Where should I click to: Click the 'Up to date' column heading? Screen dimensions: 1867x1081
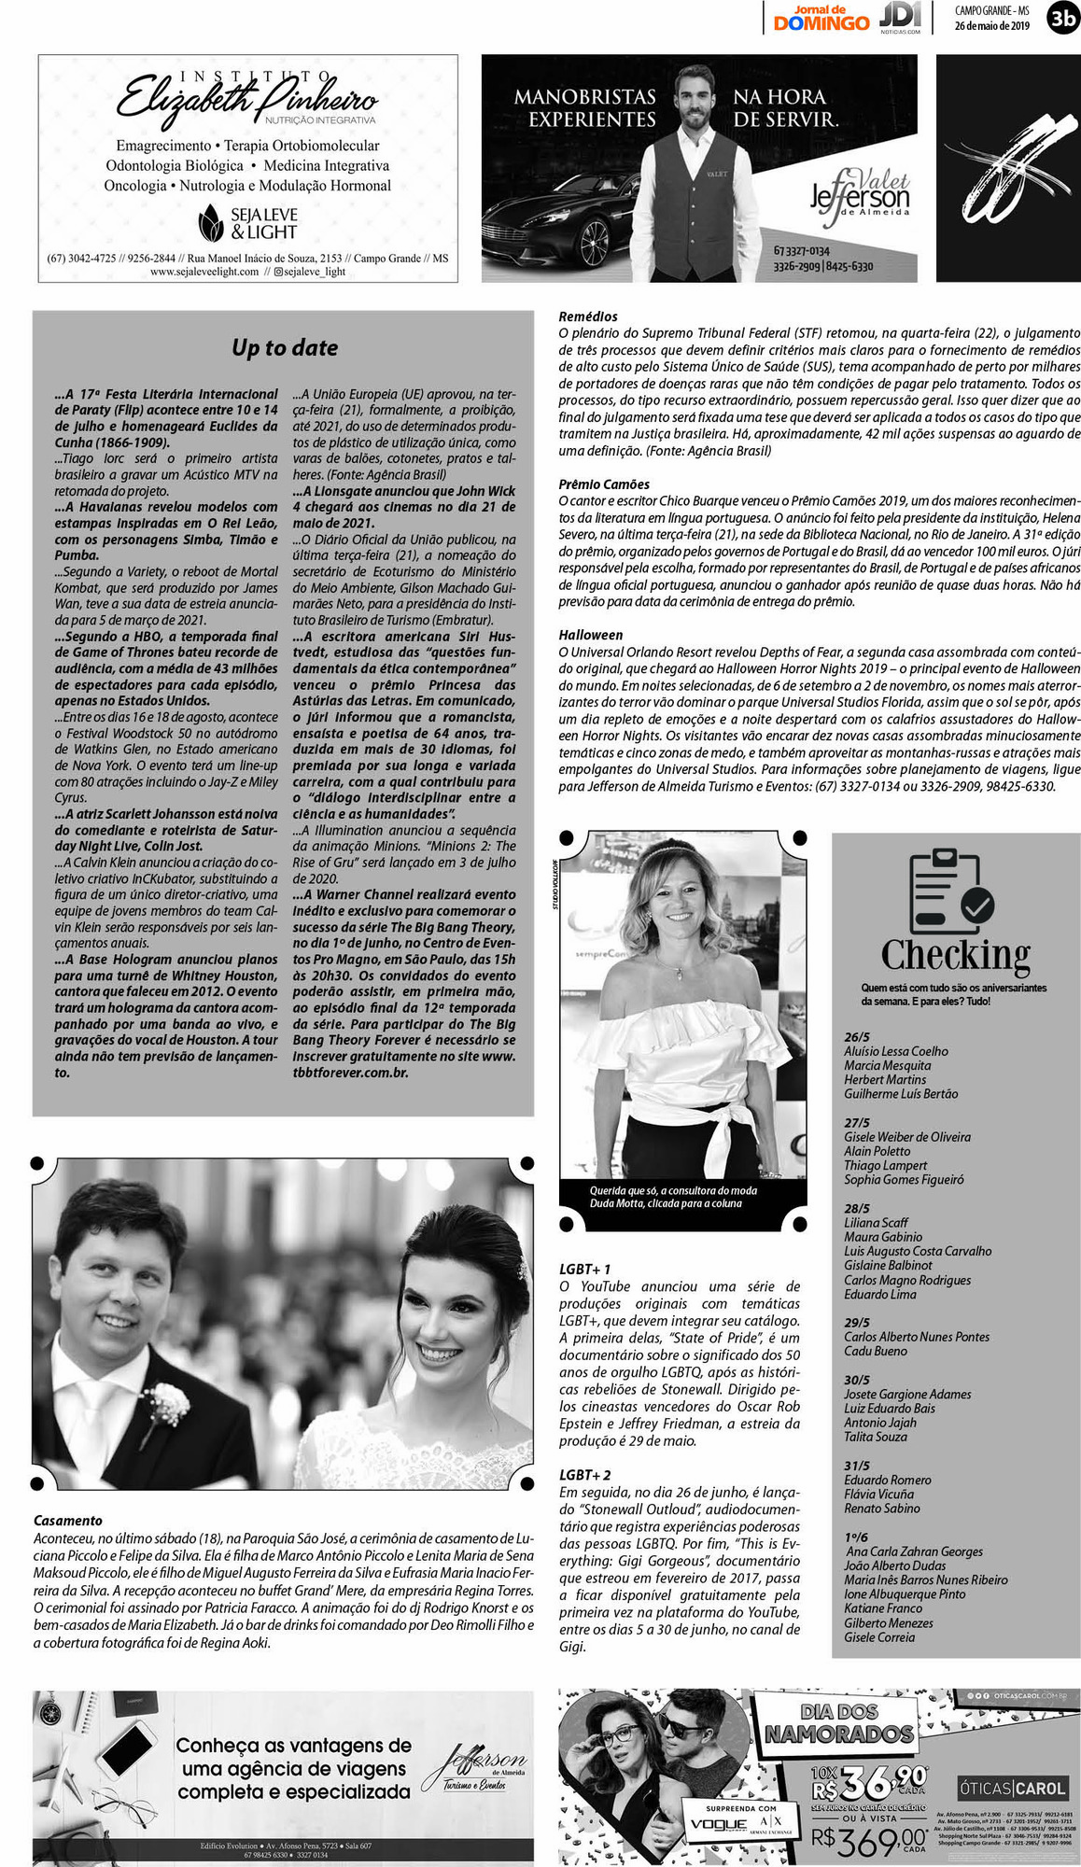click(285, 348)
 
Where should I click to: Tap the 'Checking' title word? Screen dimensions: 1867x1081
click(955, 955)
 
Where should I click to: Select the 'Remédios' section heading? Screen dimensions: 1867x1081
click(588, 316)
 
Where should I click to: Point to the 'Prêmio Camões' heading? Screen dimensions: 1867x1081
click(604, 484)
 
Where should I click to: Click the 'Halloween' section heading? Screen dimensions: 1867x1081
click(591, 635)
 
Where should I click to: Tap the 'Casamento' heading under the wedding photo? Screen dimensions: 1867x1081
click(68, 1521)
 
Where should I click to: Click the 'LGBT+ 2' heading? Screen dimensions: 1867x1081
click(585, 1475)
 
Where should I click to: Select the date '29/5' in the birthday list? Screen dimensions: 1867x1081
click(857, 1323)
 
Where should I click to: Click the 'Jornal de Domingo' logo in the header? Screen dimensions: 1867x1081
click(821, 18)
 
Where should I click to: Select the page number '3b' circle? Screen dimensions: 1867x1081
click(1062, 17)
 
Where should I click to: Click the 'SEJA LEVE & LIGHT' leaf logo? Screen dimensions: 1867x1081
click(212, 223)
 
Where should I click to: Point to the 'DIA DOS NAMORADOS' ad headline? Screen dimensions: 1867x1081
click(838, 1723)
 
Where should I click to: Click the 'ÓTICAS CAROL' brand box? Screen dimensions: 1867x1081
click(1012, 1789)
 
